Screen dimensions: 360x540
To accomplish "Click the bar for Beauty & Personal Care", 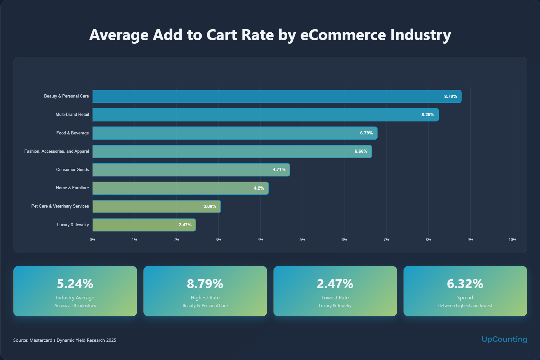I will click(x=276, y=96).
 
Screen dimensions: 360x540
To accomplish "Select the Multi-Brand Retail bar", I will click(x=265, y=115).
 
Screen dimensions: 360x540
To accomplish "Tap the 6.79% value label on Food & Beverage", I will click(x=366, y=133).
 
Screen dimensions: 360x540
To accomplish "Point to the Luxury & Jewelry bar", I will click(x=144, y=225).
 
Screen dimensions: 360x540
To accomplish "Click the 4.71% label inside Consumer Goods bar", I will click(x=279, y=169).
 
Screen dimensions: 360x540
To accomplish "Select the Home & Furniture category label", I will click(x=72, y=188).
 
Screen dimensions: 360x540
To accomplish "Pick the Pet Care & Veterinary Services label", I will click(x=60, y=206).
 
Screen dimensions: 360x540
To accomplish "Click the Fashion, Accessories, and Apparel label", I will click(x=57, y=151).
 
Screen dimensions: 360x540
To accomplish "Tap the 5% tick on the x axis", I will click(x=302, y=240).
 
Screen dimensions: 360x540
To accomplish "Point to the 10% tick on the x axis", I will click(x=512, y=240).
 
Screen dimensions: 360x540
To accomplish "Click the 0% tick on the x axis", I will click(x=92, y=240).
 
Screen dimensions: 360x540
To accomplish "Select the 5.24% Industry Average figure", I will click(x=75, y=284).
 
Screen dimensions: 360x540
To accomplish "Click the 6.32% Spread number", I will click(x=465, y=284).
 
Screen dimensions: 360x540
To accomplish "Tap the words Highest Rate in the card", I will click(x=205, y=298).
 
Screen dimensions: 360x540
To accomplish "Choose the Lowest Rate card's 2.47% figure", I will click(x=335, y=284).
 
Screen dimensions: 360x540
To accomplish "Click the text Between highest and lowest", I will click(x=465, y=305).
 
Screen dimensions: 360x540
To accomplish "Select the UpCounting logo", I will click(x=504, y=339).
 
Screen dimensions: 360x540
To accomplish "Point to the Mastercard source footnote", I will click(x=65, y=340).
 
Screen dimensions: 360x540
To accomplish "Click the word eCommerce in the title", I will click(x=343, y=35).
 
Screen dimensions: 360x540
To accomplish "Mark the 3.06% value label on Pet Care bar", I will click(x=210, y=206).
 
